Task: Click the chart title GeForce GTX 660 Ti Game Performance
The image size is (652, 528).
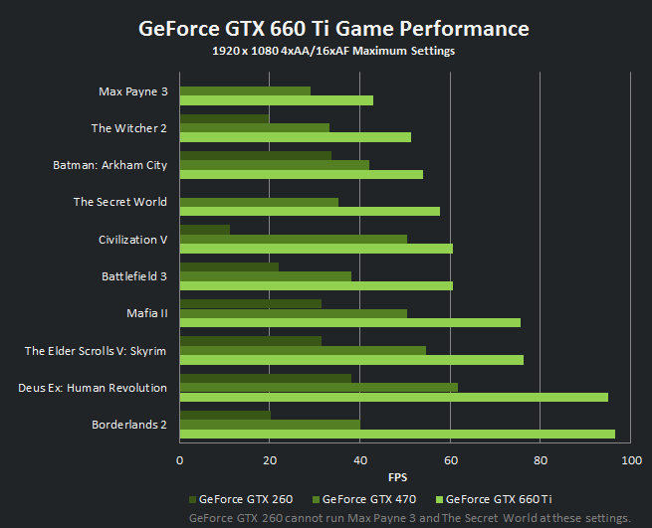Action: (332, 28)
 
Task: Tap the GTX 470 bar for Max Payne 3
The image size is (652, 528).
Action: (245, 90)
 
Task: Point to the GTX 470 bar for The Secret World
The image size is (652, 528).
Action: (259, 202)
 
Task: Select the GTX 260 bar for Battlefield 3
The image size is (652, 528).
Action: (229, 266)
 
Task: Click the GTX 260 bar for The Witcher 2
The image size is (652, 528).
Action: (224, 118)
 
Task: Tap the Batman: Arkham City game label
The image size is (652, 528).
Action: (109, 165)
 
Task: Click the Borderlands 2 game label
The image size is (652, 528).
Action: (129, 425)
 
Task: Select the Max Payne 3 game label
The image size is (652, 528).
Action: (132, 91)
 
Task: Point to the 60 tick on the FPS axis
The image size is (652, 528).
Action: (450, 460)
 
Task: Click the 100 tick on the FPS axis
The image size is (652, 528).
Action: (630, 460)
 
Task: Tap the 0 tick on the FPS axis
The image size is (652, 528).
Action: (179, 460)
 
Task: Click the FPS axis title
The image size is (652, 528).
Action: (397, 476)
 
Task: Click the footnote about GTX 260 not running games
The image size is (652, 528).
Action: (409, 518)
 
